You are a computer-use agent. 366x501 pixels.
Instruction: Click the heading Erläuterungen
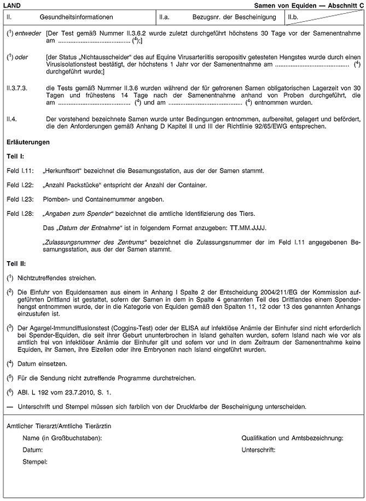[x=27, y=142]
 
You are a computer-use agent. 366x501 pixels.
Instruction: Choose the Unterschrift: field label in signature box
[x=258, y=450]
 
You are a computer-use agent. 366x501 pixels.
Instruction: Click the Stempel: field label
[x=34, y=462]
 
